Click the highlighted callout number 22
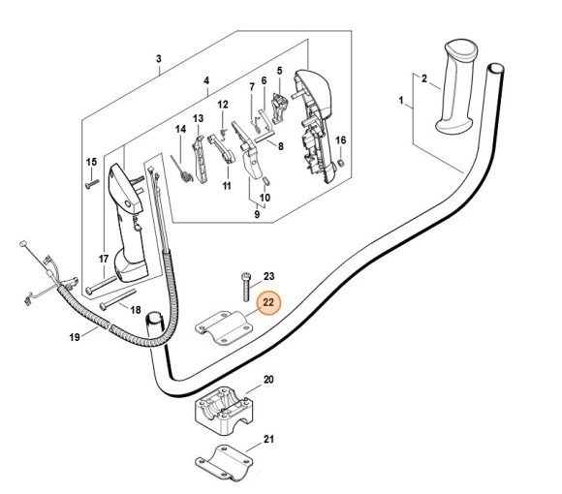(x=268, y=302)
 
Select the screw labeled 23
(x=246, y=287)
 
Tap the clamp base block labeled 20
(x=225, y=406)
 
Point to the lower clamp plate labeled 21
(x=224, y=462)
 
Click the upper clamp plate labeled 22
(x=224, y=327)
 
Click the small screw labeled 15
(x=92, y=184)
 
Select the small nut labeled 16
(x=341, y=163)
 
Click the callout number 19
(x=75, y=337)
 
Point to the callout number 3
(x=159, y=59)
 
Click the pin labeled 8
(x=265, y=135)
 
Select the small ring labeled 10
(x=266, y=181)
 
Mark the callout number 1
(x=401, y=101)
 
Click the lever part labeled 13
(x=200, y=160)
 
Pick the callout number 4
(x=206, y=81)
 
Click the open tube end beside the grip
(x=496, y=68)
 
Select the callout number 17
(x=104, y=259)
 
